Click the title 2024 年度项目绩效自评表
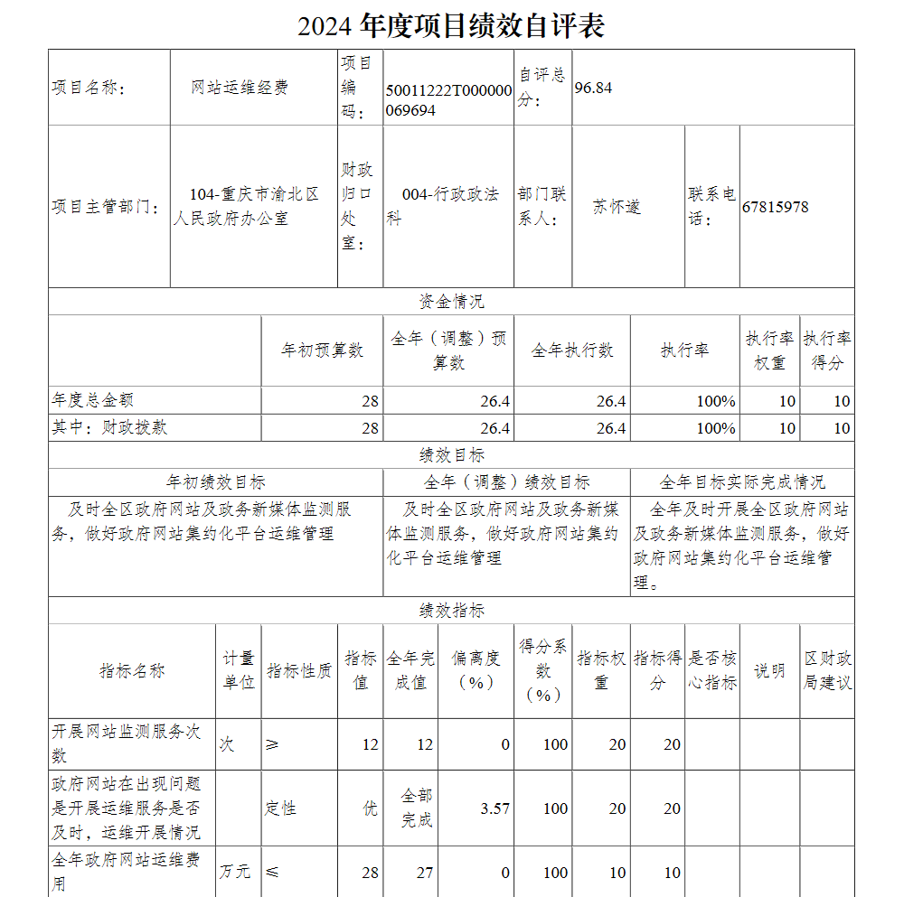coord(451,25)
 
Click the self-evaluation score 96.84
coord(593,88)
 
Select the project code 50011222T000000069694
coord(448,100)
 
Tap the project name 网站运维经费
coord(240,88)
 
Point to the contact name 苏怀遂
coord(617,207)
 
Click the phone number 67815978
coord(775,207)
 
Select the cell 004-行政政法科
coord(448,207)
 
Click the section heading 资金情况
coord(451,302)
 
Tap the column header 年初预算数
coord(322,350)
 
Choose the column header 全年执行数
coord(571,350)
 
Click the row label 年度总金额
coord(94,400)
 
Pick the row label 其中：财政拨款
coord(109,427)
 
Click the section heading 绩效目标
coord(451,455)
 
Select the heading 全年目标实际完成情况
coord(741,482)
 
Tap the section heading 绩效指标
coord(451,611)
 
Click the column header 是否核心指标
coord(712,671)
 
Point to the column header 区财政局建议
coord(827,671)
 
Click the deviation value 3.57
coord(494,808)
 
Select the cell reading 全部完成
coord(416,808)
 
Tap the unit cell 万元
coord(237,873)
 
